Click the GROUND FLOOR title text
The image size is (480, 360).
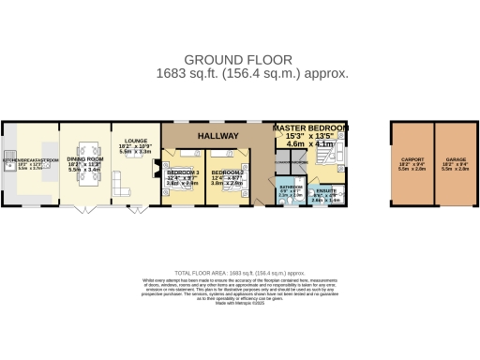tap(240, 58)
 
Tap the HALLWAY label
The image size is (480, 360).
tap(217, 136)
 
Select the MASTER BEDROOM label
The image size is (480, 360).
tap(310, 127)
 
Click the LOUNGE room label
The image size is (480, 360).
tap(126, 142)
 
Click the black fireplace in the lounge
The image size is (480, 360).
tap(157, 168)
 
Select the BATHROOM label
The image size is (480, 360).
tap(290, 187)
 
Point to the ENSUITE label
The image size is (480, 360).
tap(326, 191)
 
